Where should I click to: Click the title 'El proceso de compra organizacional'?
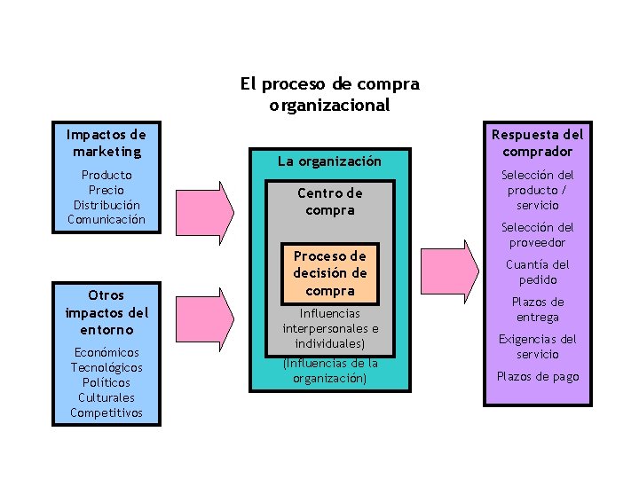pos(329,95)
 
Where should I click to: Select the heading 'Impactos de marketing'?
pos(106,144)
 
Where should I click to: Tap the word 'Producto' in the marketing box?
pos(106,176)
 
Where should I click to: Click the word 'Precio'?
pos(106,190)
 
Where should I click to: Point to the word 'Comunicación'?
pos(106,219)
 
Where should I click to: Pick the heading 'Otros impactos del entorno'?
pos(106,312)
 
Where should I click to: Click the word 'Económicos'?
pos(106,352)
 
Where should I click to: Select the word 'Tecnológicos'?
pos(106,367)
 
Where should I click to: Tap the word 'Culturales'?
pos(106,397)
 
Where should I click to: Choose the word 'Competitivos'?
pos(106,412)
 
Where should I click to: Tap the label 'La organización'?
pos(329,161)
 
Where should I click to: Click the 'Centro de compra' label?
pos(329,201)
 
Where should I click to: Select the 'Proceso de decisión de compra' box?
pos(329,272)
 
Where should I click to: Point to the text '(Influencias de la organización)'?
pos(329,371)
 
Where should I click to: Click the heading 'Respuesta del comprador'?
pos(538,143)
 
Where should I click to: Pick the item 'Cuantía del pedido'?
pos(538,272)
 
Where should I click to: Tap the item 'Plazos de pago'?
pos(538,377)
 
